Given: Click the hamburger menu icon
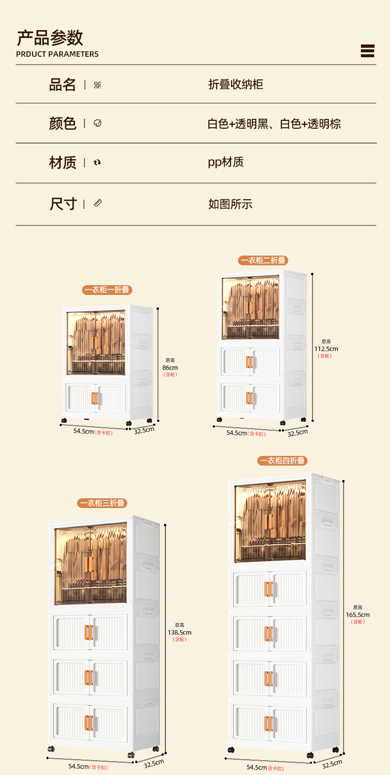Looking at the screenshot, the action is pyautogui.click(x=367, y=51).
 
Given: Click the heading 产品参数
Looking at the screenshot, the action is pyautogui.click(x=50, y=37).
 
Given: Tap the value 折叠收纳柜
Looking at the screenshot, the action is pyautogui.click(x=235, y=84).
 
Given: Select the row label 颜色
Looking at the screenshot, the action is pyautogui.click(x=62, y=123).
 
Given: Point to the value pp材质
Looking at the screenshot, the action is pyautogui.click(x=226, y=162).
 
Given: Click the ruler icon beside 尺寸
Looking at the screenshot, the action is pyautogui.click(x=98, y=203).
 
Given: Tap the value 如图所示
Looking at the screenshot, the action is pyautogui.click(x=231, y=204).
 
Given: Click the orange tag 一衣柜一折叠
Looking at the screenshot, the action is pyautogui.click(x=107, y=290).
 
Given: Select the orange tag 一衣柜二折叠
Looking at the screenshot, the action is pyautogui.click(x=263, y=260).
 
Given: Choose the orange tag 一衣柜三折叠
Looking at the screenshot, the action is pyautogui.click(x=102, y=503).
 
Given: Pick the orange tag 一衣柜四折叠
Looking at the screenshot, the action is pyautogui.click(x=282, y=461).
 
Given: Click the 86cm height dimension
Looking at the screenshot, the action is pyautogui.click(x=170, y=368).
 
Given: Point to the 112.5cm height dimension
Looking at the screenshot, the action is pyautogui.click(x=326, y=349).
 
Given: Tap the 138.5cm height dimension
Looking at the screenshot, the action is pyautogui.click(x=179, y=632).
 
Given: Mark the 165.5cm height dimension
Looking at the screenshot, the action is pyautogui.click(x=358, y=615).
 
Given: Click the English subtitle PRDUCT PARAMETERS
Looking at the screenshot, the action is pyautogui.click(x=57, y=54).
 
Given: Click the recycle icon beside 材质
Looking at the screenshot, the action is pyautogui.click(x=97, y=162).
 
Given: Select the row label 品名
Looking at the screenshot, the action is pyautogui.click(x=62, y=85).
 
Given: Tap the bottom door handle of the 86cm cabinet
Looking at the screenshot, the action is pyautogui.click(x=95, y=398).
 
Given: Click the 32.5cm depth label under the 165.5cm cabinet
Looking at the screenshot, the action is pyautogui.click(x=332, y=764).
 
